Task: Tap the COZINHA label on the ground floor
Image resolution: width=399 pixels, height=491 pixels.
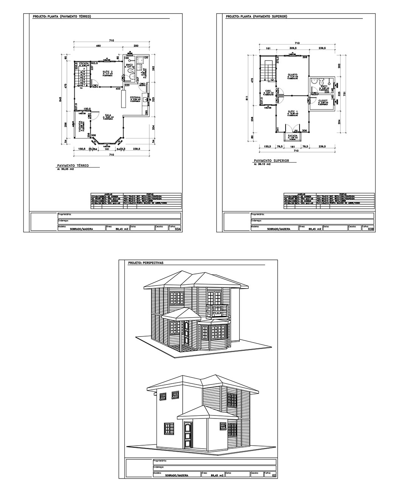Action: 135,97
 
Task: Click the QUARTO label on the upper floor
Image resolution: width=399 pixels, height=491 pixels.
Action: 292,74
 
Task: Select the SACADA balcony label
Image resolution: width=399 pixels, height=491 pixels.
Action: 293,135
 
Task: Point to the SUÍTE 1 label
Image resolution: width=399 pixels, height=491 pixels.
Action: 293,111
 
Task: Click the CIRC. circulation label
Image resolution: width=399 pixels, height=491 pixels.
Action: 269,91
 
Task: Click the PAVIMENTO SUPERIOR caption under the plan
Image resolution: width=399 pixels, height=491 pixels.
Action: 272,161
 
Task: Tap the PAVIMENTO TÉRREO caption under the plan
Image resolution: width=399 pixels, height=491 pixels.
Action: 73,166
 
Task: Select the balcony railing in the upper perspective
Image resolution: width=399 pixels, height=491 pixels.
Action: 217,310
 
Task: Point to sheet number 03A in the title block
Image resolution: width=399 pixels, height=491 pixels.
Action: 176,229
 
